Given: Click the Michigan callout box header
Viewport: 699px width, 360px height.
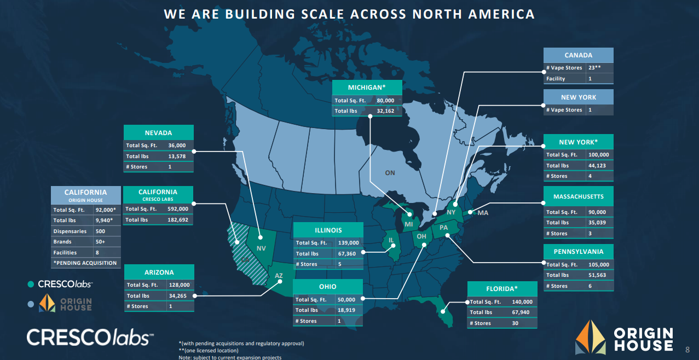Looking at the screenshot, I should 367,88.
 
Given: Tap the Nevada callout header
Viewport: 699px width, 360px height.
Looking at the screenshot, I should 158,132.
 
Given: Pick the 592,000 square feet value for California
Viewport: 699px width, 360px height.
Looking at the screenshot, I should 178,209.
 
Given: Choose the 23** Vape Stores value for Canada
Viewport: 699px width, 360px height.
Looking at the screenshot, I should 594,68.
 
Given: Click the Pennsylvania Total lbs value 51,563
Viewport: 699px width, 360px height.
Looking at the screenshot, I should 598,275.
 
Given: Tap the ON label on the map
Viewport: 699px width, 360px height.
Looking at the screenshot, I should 390,173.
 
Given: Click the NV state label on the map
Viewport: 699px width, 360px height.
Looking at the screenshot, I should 261,248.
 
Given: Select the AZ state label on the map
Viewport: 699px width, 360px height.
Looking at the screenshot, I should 279,276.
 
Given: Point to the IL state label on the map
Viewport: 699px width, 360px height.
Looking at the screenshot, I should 391,240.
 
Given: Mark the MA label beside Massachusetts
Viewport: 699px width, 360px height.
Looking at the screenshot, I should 483,213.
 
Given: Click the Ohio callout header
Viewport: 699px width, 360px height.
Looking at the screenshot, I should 327,287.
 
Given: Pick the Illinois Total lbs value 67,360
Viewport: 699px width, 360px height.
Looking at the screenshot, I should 348,254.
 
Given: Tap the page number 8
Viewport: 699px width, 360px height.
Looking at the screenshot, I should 688,349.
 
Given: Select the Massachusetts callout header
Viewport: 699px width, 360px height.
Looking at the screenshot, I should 578,196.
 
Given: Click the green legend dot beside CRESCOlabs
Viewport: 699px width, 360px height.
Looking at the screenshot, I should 31,284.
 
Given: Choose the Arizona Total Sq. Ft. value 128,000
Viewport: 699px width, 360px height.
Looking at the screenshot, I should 178,285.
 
